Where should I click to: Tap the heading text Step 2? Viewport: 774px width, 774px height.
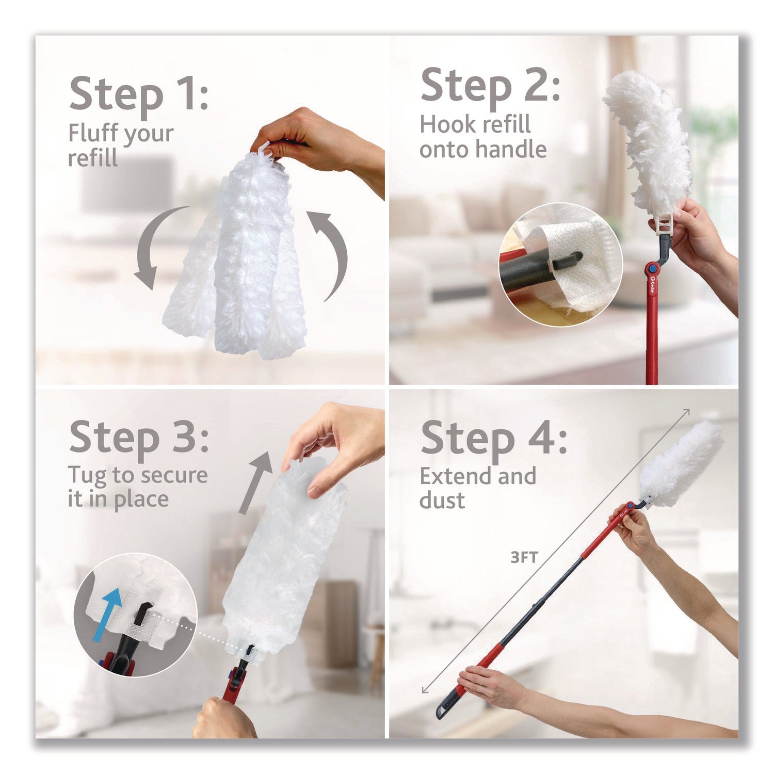490,86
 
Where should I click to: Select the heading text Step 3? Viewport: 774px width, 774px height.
138,437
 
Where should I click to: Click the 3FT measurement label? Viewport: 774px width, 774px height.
524,557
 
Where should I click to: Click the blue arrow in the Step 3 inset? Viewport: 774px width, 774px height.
110,613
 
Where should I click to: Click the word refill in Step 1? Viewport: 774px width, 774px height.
93,158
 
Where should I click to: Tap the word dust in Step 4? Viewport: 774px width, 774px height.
442,500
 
